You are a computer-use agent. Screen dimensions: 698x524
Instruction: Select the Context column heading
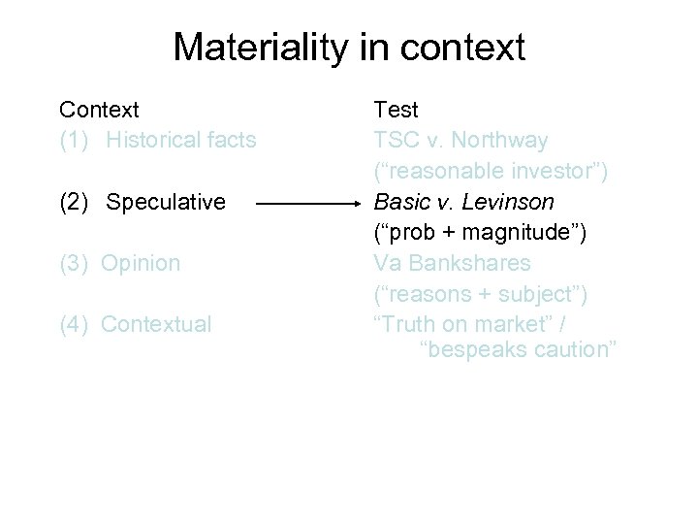99,110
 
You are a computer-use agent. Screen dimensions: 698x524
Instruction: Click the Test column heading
397,110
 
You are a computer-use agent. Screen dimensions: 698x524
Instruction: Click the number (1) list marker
76,141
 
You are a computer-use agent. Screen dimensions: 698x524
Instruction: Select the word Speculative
166,202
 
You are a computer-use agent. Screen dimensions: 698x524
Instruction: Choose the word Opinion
141,263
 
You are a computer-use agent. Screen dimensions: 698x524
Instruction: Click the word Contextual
156,324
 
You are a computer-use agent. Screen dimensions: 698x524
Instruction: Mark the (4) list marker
76,324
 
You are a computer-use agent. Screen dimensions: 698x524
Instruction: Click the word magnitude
524,233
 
